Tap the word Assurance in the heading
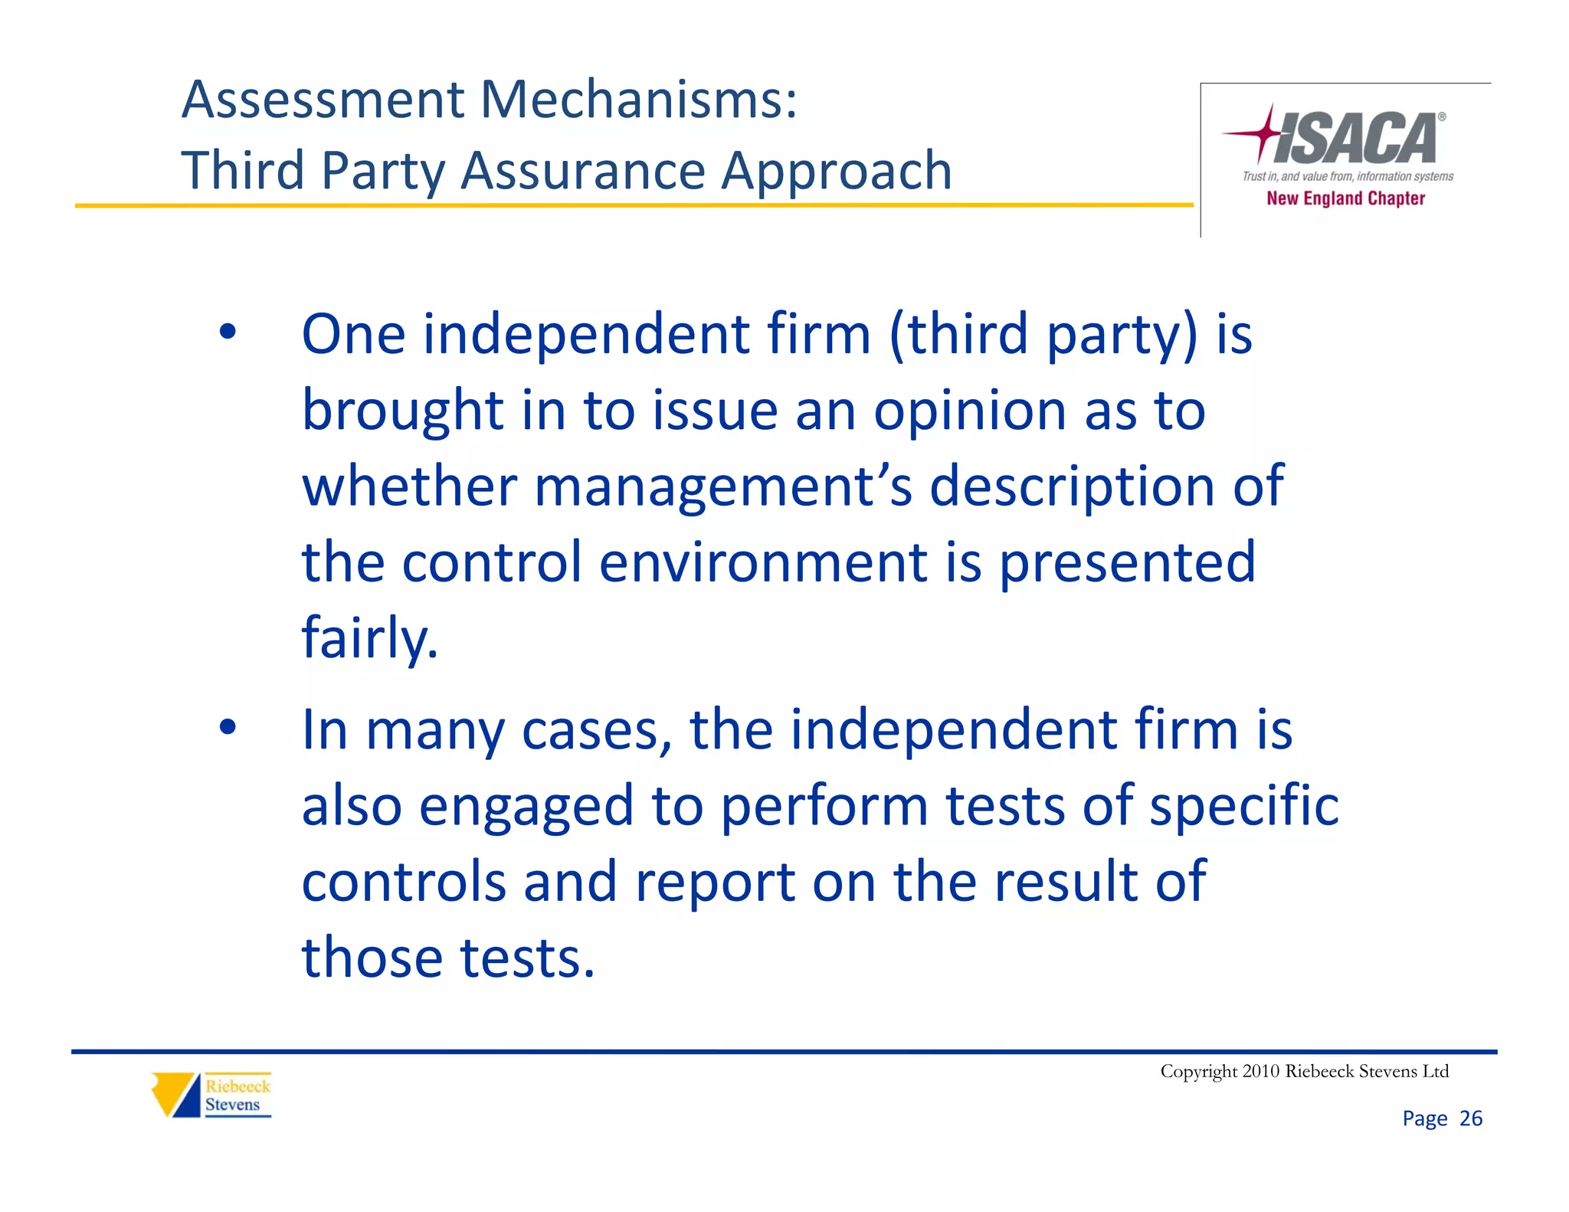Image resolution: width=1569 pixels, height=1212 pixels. pos(582,170)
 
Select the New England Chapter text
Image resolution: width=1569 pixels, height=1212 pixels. pos(1345,198)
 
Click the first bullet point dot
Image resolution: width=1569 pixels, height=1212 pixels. pos(228,332)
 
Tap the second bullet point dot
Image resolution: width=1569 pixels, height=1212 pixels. pos(228,727)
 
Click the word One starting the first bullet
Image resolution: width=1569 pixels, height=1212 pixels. pos(352,335)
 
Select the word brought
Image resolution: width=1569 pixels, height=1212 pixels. pos(402,411)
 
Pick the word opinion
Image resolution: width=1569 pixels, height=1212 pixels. pos(969,412)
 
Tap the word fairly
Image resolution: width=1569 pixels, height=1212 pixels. pos(369,638)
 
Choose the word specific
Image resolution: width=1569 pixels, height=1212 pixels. pos(1244,806)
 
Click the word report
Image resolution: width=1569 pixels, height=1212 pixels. pos(715,883)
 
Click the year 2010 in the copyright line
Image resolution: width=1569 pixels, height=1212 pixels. pos(1260,1071)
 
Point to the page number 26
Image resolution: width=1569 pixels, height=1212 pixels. pos(1470,1119)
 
